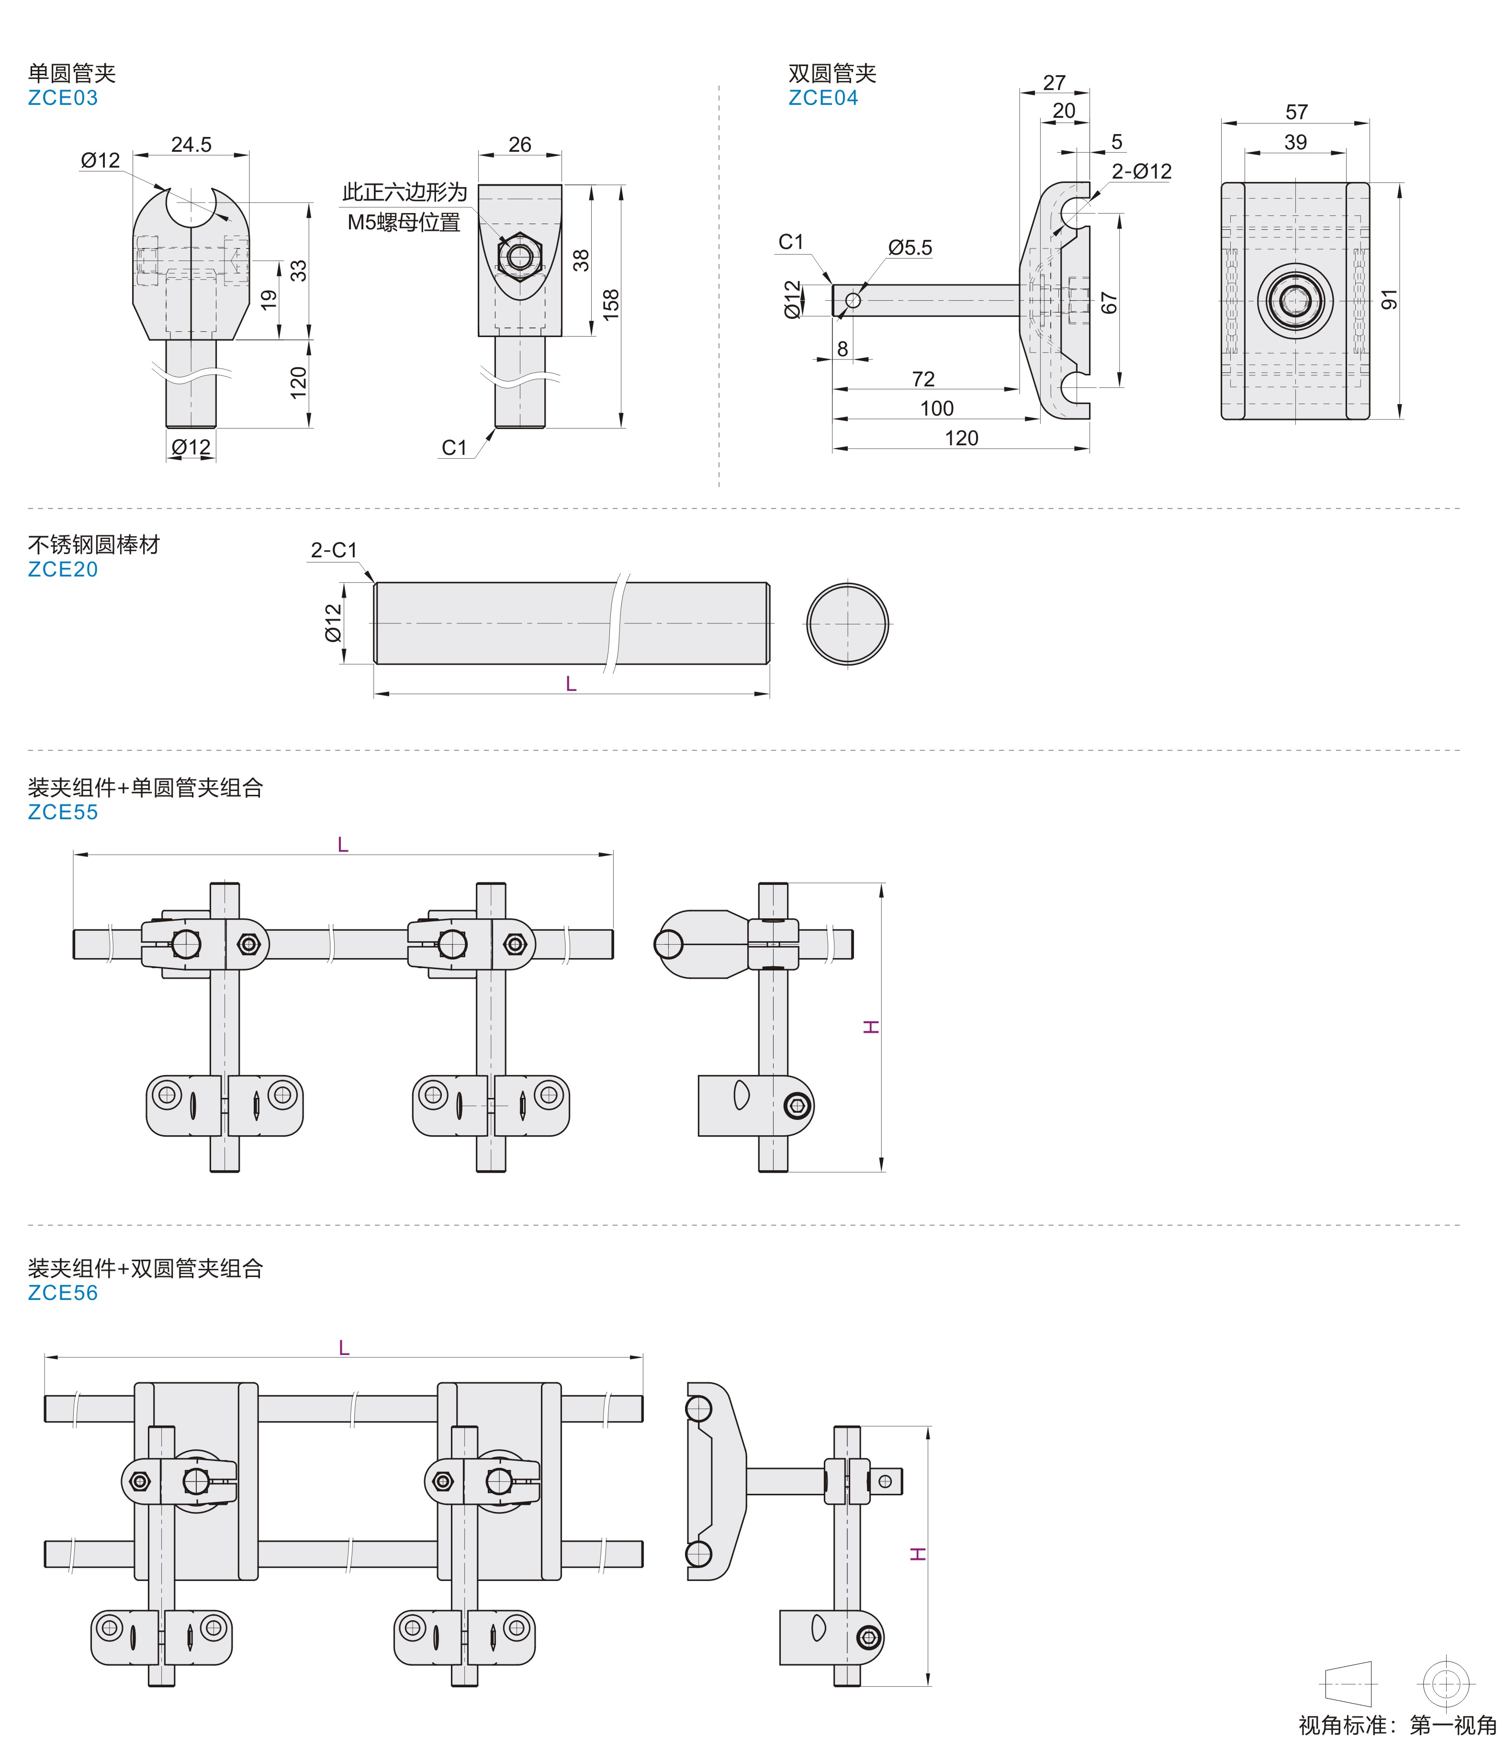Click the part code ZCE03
click(x=63, y=98)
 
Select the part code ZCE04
click(x=823, y=98)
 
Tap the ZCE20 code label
click(x=63, y=570)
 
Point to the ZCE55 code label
click(x=63, y=813)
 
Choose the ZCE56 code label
click(x=63, y=1294)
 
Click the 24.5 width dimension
click(x=191, y=145)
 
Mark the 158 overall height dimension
click(x=610, y=301)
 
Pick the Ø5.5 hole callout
click(x=910, y=248)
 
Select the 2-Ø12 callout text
click(x=1141, y=171)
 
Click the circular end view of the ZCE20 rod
click(x=847, y=624)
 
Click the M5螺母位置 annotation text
click(x=404, y=223)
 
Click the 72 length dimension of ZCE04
click(x=923, y=379)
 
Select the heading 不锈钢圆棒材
click(x=94, y=545)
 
